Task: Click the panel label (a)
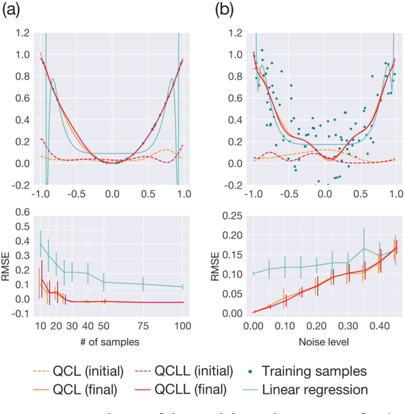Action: click(x=14, y=10)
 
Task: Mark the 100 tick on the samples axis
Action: click(x=182, y=325)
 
